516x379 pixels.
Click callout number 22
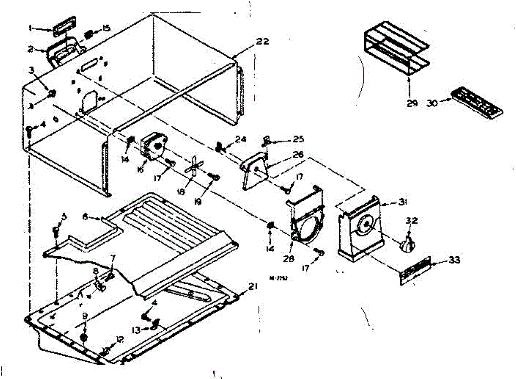(262, 42)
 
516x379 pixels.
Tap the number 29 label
(412, 104)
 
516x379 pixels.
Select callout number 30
(433, 103)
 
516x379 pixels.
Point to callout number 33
(454, 260)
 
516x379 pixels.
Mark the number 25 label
(298, 139)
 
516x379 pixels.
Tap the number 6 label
(85, 218)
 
